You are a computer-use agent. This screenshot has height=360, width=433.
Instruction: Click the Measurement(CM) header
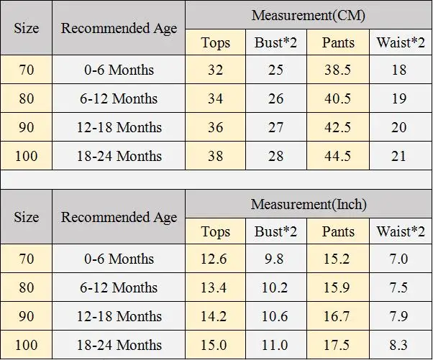click(309, 15)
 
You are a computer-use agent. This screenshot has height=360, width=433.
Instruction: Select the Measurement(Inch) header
click(309, 204)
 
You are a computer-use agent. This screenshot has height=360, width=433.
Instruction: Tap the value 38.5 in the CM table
click(337, 70)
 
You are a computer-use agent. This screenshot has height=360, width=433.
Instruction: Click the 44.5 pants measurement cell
click(337, 156)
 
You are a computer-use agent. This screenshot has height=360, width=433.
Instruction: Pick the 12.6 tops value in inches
click(214, 259)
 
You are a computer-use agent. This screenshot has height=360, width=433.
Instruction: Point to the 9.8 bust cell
click(274, 259)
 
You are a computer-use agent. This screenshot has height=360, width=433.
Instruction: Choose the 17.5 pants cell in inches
click(336, 345)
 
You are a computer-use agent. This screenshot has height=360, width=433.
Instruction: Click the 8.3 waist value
click(398, 345)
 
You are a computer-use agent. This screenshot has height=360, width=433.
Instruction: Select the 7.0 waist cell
click(398, 259)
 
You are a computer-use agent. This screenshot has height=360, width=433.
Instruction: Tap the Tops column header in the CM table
click(215, 43)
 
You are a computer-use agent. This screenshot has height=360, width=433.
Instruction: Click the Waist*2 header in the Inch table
click(401, 231)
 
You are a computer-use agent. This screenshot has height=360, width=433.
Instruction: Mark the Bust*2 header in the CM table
click(275, 42)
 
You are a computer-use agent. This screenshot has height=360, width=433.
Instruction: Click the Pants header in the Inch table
click(338, 231)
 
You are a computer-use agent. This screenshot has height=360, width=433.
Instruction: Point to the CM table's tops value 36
click(215, 127)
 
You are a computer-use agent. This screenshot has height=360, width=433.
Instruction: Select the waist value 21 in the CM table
click(398, 156)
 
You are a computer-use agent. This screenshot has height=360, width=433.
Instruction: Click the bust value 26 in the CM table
click(275, 98)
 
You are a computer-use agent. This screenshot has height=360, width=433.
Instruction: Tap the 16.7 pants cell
click(336, 316)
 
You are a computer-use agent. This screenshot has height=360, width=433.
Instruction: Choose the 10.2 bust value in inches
click(275, 287)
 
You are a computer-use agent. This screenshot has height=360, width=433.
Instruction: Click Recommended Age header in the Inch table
click(119, 217)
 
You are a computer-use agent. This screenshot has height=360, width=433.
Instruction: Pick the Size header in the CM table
click(26, 28)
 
